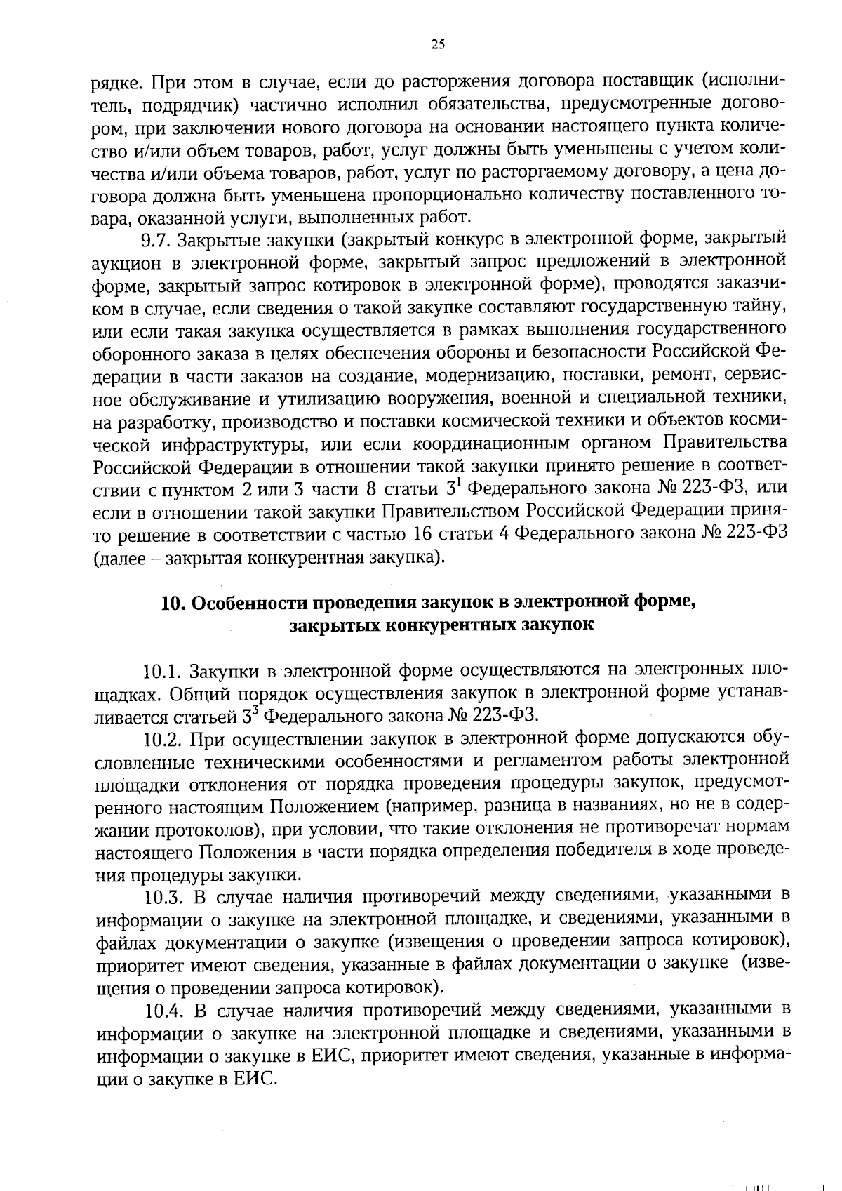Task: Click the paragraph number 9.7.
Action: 153,241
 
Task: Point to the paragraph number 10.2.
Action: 163,739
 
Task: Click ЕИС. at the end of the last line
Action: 255,1078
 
